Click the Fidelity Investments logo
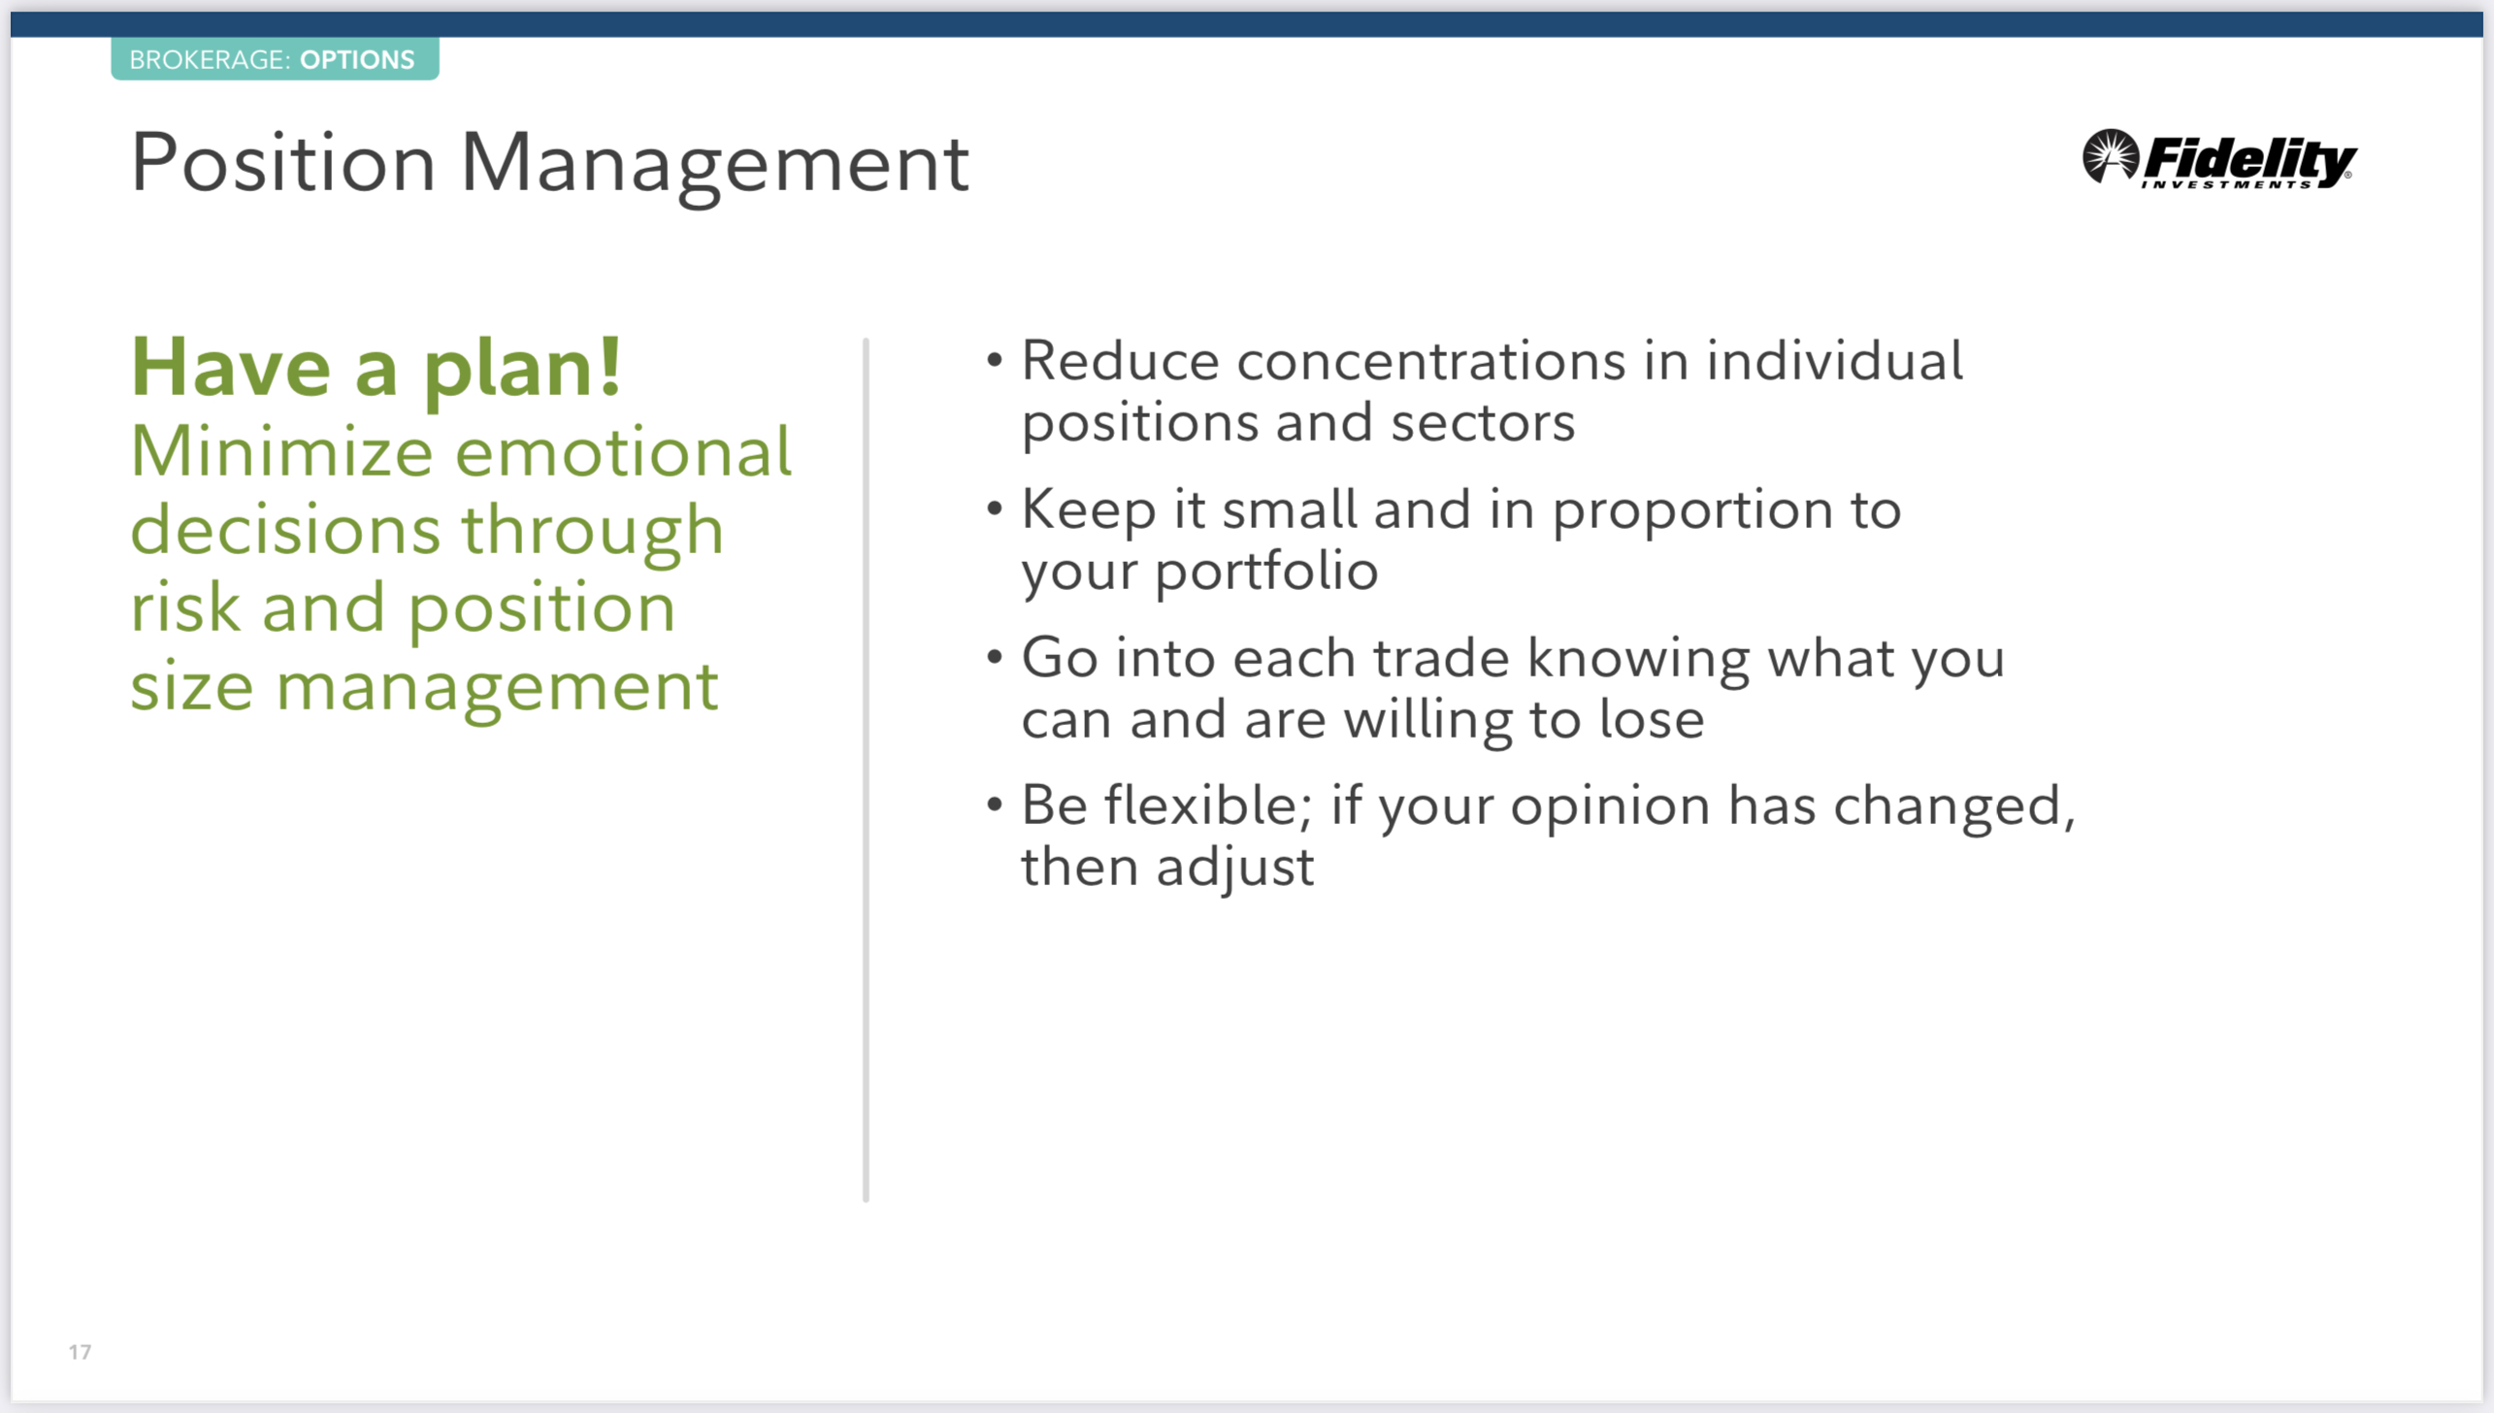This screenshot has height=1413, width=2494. click(2219, 158)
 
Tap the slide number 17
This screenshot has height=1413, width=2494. click(80, 1352)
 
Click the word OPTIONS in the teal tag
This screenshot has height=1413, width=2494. click(357, 60)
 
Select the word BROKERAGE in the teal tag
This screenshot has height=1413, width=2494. click(207, 60)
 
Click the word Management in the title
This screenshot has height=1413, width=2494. click(715, 165)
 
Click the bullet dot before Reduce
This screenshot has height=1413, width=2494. click(994, 361)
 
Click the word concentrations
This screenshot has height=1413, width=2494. click(1431, 361)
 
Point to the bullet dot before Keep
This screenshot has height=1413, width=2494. click(994, 509)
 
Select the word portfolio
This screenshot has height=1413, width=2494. click(1266, 571)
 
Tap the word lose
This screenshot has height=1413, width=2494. click(1652, 719)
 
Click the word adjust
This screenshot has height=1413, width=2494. click(1235, 867)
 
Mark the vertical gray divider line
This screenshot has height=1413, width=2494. click(866, 771)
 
